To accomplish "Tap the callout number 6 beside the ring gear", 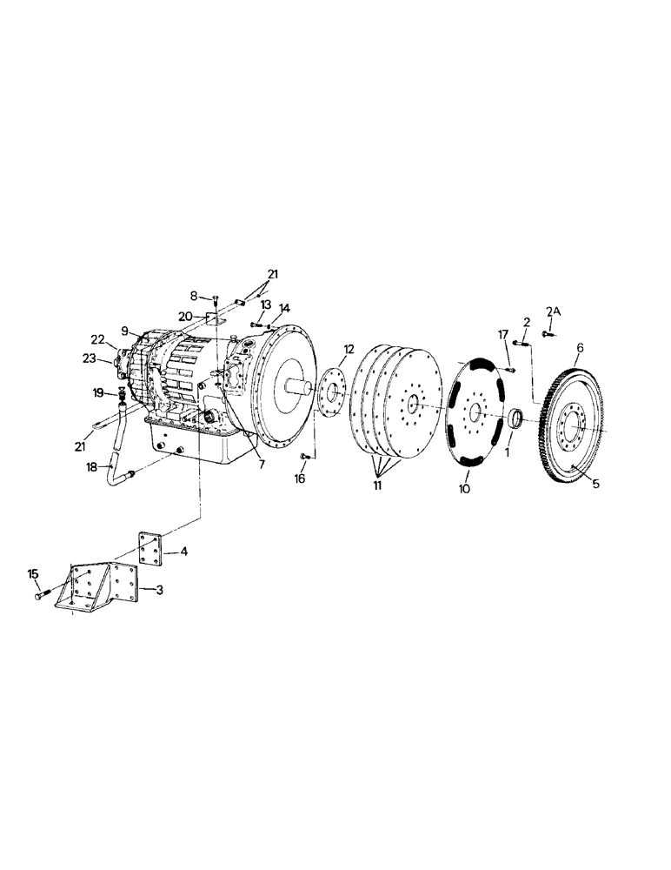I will pyautogui.click(x=580, y=347).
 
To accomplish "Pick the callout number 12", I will pyautogui.click(x=349, y=350).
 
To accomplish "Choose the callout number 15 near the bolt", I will pyautogui.click(x=33, y=574).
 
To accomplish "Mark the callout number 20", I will pyautogui.click(x=186, y=316).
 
